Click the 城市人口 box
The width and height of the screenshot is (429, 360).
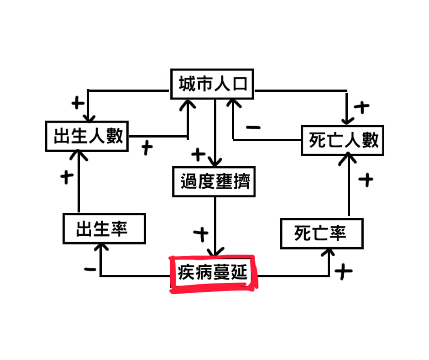pyautogui.click(x=212, y=84)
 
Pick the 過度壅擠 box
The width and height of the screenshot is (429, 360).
pyautogui.click(x=214, y=182)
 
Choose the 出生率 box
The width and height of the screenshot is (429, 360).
pyautogui.click(x=104, y=228)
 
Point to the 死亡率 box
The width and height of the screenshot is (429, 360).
pyautogui.click(x=321, y=233)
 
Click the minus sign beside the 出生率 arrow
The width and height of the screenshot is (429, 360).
pyautogui.click(x=90, y=269)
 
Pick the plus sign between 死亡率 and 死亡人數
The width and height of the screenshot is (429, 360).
pyautogui.click(x=366, y=180)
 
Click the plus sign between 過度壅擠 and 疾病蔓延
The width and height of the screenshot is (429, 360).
pyautogui.click(x=200, y=234)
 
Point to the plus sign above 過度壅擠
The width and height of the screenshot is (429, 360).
pyautogui.click(x=199, y=154)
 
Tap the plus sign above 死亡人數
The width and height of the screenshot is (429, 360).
pyautogui.click(x=361, y=108)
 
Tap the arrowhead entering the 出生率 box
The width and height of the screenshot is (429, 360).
pyautogui.click(x=100, y=247)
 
